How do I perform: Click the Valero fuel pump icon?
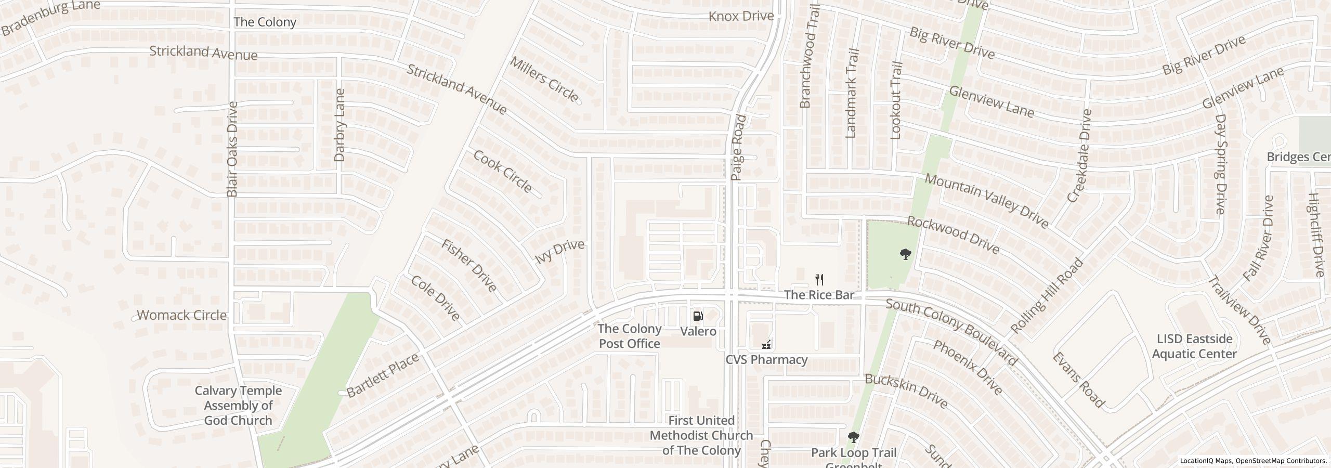pos(698,316)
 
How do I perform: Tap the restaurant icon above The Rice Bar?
pos(819,280)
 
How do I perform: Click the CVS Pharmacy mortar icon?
pos(766,344)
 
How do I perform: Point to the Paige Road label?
pos(738,148)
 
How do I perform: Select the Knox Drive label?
pos(741,16)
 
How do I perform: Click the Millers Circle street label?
pos(544,79)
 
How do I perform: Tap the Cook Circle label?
pos(502,171)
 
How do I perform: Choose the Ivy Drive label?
pos(559,252)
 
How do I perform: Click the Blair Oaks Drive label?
pos(232,149)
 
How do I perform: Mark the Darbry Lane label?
pos(340,125)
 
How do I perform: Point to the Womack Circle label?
pos(181,315)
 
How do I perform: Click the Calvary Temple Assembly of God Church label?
pos(238,406)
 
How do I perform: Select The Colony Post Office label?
pos(629,336)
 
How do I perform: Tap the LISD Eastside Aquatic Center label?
pos(1194,346)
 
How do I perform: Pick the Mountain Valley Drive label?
pos(986,201)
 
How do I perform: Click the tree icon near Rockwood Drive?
pos(905,254)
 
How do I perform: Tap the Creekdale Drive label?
pos(1078,155)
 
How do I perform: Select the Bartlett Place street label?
pos(382,375)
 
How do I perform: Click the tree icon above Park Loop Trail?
pos(853,437)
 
